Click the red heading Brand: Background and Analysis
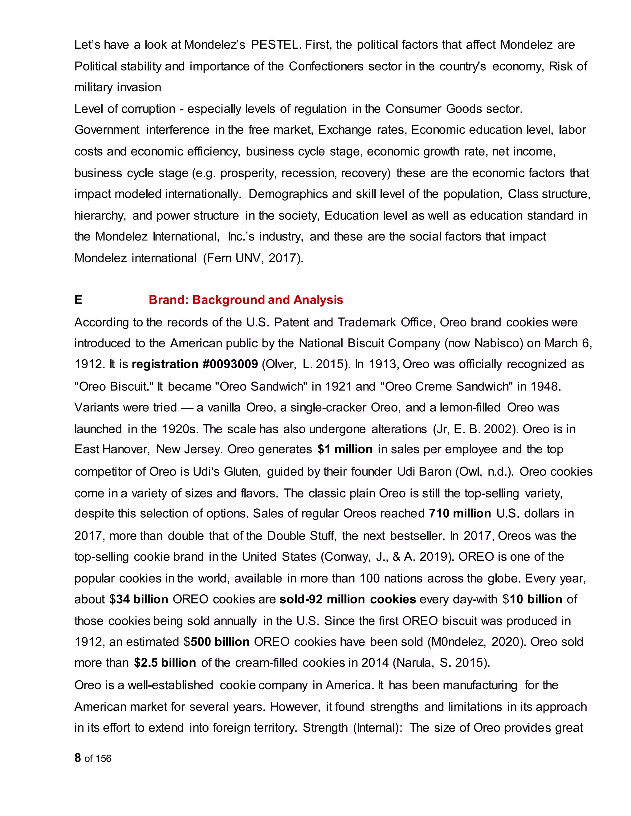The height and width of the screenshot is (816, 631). (x=246, y=300)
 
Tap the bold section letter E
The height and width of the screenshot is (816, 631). (x=78, y=300)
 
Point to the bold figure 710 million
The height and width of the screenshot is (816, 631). (x=460, y=513)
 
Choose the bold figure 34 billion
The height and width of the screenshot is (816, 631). (x=142, y=599)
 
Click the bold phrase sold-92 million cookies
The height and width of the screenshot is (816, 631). (x=348, y=599)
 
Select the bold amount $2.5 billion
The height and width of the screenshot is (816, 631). (x=165, y=663)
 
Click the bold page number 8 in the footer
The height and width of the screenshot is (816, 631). (x=78, y=758)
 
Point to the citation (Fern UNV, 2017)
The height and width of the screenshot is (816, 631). (x=253, y=258)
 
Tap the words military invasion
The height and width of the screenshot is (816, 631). (x=118, y=87)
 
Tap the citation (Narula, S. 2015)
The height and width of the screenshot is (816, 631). (x=442, y=663)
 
